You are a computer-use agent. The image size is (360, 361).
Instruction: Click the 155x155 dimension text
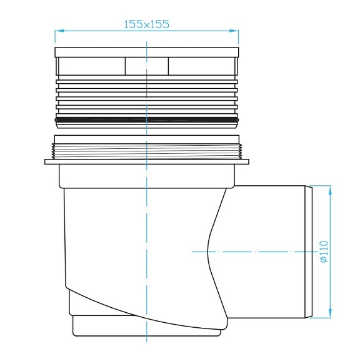(x=146, y=24)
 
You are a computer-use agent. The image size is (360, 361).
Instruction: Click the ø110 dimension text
(x=324, y=251)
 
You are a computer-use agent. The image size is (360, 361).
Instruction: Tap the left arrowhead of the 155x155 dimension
(x=57, y=30)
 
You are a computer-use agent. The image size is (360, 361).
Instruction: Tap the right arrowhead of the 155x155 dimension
(x=236, y=30)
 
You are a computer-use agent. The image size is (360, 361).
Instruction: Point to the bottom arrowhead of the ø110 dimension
(x=329, y=315)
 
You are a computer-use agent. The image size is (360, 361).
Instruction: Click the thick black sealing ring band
(x=146, y=119)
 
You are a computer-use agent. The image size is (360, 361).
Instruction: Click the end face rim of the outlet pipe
(x=307, y=252)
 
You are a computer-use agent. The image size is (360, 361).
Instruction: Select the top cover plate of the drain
(x=146, y=52)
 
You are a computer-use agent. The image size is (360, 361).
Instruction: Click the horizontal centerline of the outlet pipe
(x=262, y=252)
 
